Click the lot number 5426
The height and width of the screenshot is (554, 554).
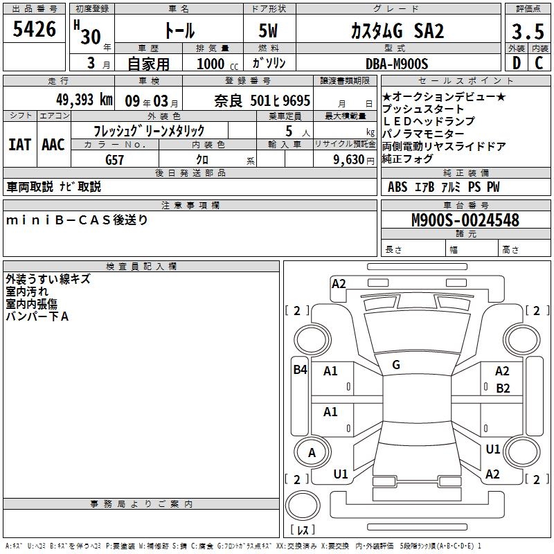click(x=34, y=29)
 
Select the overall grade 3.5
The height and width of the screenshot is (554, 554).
click(x=528, y=31)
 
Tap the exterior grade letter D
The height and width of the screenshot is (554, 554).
click(x=517, y=63)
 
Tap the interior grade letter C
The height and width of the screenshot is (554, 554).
click(x=539, y=63)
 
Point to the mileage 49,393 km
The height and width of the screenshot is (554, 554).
click(x=84, y=100)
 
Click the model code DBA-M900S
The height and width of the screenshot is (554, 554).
click(x=397, y=64)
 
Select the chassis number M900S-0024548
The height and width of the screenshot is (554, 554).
click(x=465, y=220)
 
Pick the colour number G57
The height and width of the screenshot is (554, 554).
click(x=114, y=160)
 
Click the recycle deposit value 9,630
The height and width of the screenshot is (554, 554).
click(x=348, y=159)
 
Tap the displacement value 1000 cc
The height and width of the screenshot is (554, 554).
click(x=217, y=64)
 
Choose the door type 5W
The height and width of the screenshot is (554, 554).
click(x=268, y=30)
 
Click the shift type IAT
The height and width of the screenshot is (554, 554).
click(x=19, y=145)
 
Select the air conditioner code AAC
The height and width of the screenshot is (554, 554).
click(x=53, y=145)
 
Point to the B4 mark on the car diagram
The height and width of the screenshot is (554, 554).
click(x=300, y=370)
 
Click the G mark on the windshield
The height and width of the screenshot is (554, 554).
click(x=396, y=365)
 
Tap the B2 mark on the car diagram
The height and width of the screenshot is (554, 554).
click(x=503, y=388)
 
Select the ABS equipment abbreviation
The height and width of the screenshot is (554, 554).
click(x=397, y=187)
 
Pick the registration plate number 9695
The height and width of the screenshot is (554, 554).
click(x=296, y=100)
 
